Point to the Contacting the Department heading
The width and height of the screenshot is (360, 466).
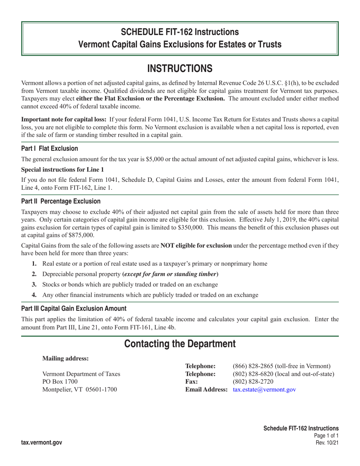point(180,344)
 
